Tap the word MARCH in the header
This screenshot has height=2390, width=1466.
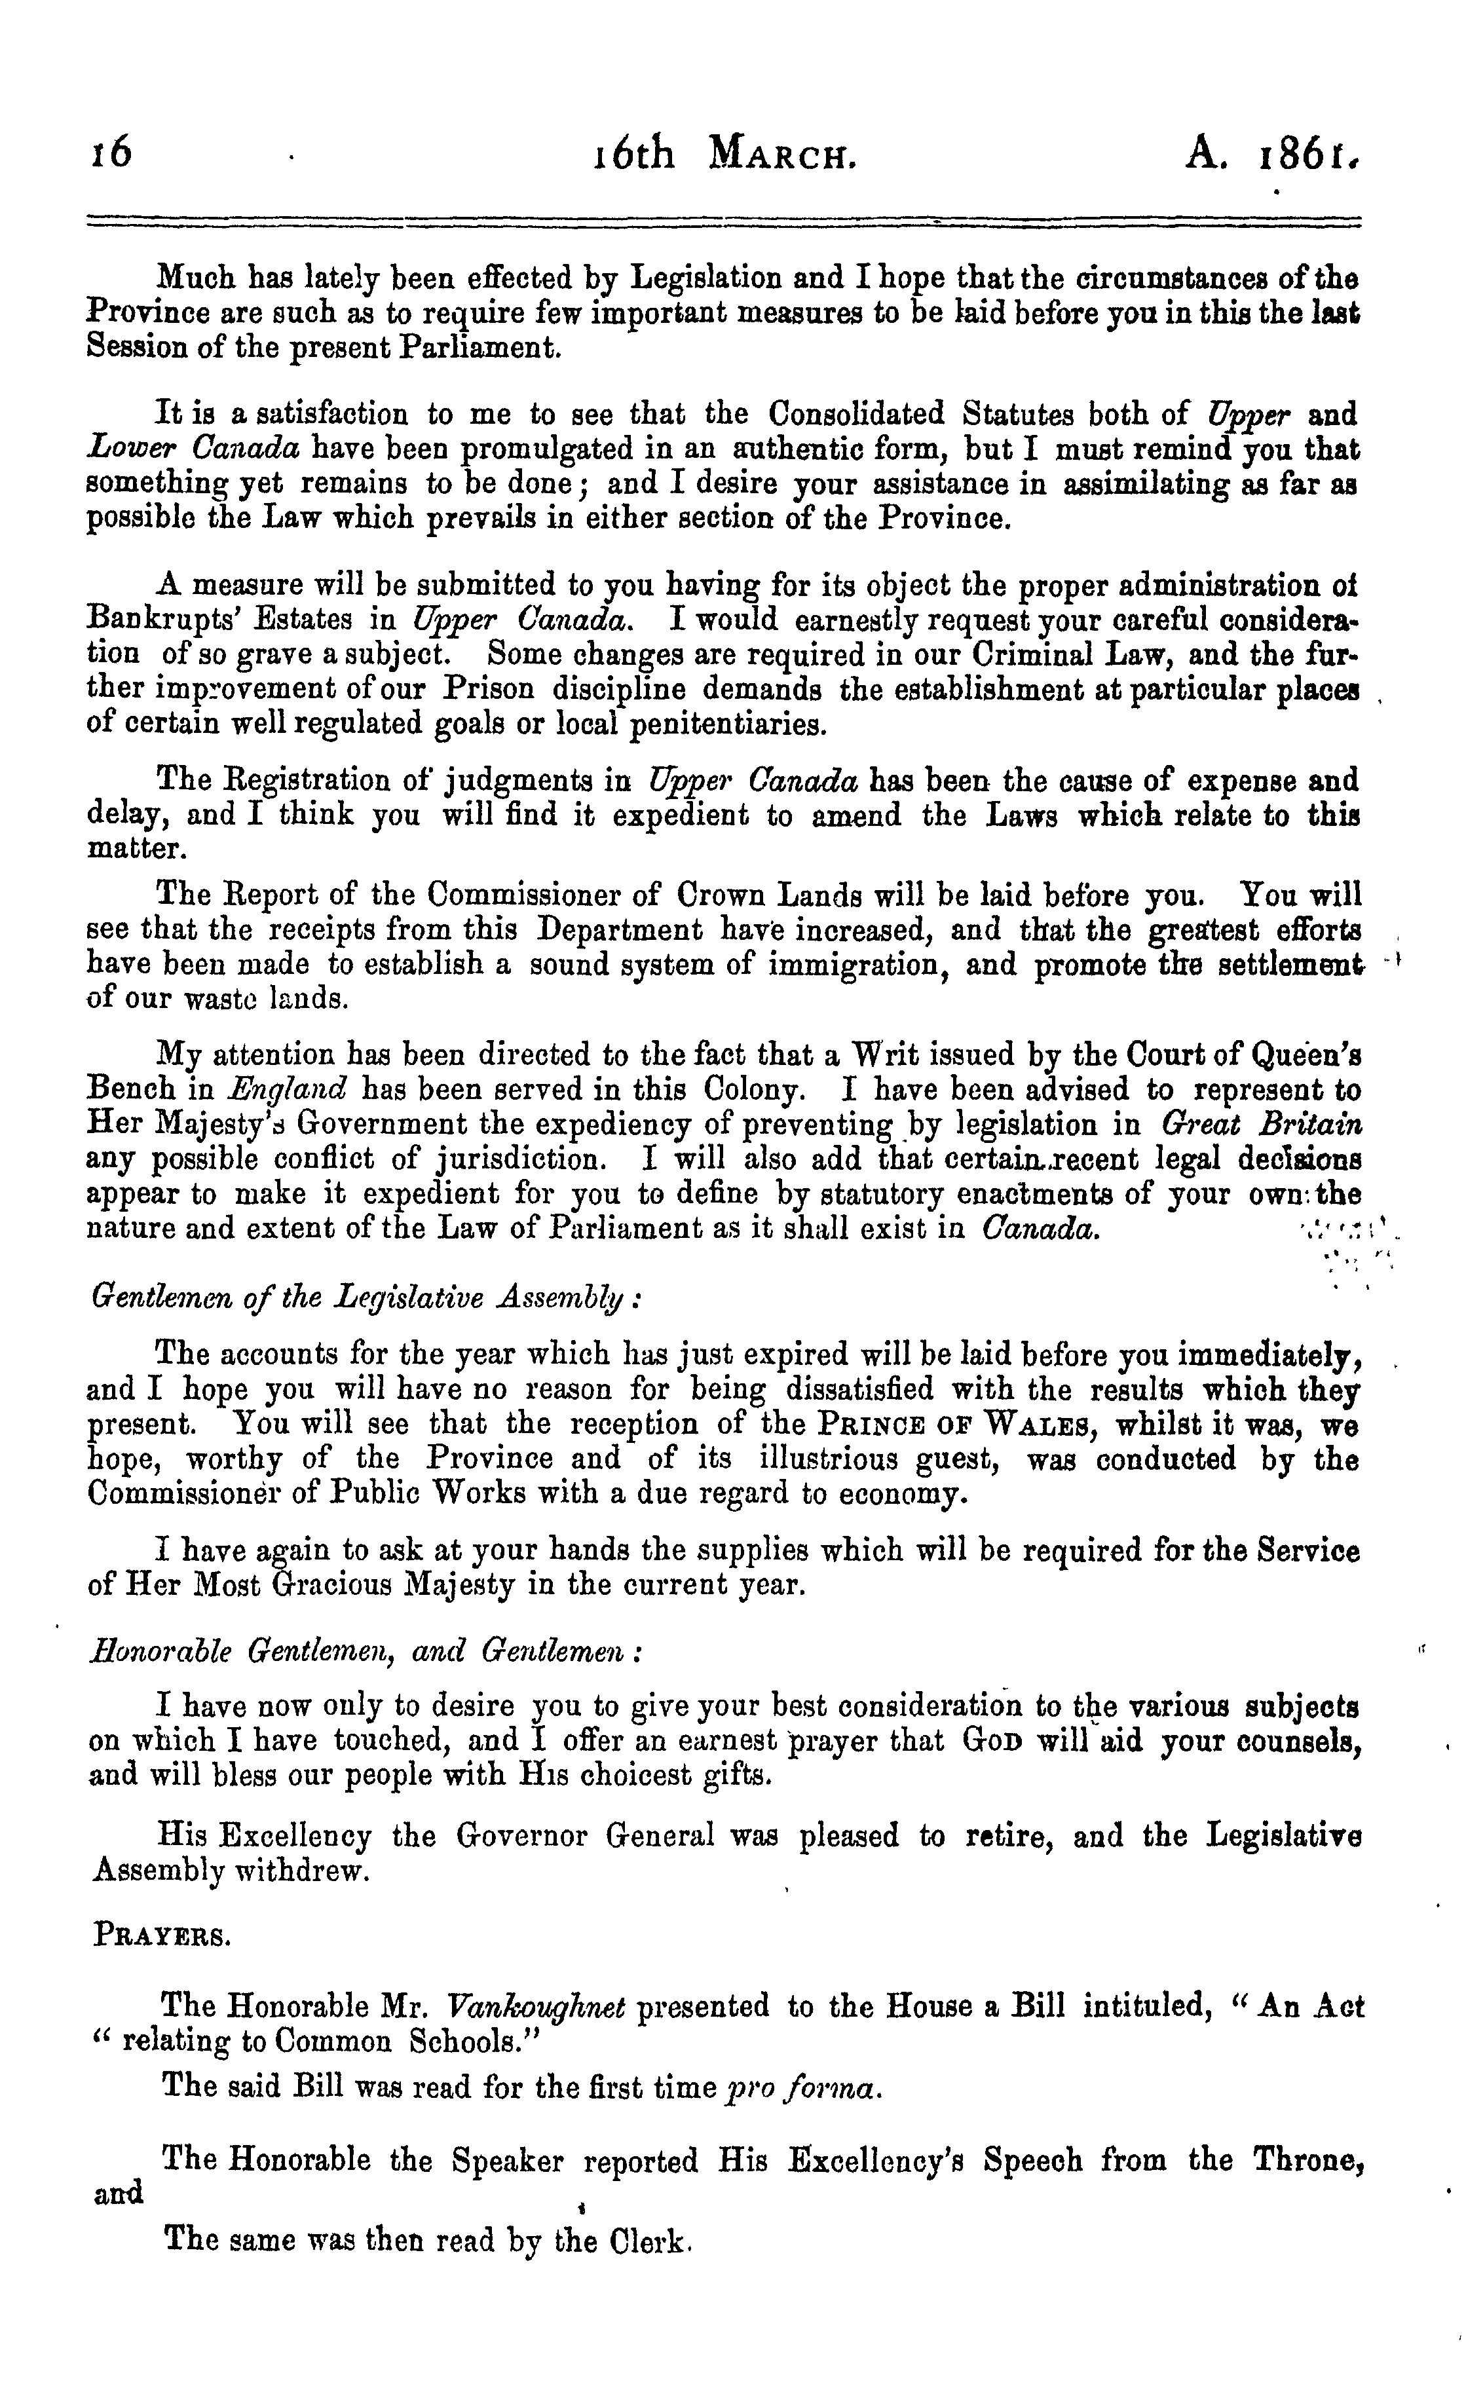(x=783, y=154)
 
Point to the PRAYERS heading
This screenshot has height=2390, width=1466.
(x=162, y=1936)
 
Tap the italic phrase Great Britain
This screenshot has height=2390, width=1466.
(x=1260, y=1124)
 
